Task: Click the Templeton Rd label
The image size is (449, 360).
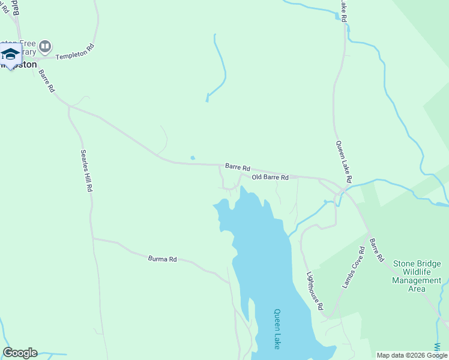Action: tap(75, 52)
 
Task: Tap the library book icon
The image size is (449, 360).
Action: tap(45, 46)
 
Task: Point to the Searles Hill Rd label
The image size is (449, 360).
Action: tap(87, 171)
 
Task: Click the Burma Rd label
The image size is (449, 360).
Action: tap(162, 259)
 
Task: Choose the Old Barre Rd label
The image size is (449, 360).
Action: tap(270, 178)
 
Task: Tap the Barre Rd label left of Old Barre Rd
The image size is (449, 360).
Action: tap(238, 167)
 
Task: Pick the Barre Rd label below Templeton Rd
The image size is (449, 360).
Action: tap(47, 80)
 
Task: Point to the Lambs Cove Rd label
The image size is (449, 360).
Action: tap(354, 268)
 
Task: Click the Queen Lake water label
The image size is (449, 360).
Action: tap(277, 329)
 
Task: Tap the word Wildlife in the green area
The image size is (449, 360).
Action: tap(417, 272)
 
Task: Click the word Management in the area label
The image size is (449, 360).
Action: tap(417, 280)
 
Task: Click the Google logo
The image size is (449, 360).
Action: tap(20, 353)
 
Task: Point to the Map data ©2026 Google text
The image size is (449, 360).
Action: tap(411, 355)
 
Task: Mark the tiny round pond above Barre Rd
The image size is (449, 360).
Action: tap(192, 158)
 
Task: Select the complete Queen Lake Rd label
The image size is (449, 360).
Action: tap(343, 162)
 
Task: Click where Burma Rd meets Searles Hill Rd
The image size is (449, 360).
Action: tap(93, 238)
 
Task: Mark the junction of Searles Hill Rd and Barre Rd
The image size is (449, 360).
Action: tap(70, 107)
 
